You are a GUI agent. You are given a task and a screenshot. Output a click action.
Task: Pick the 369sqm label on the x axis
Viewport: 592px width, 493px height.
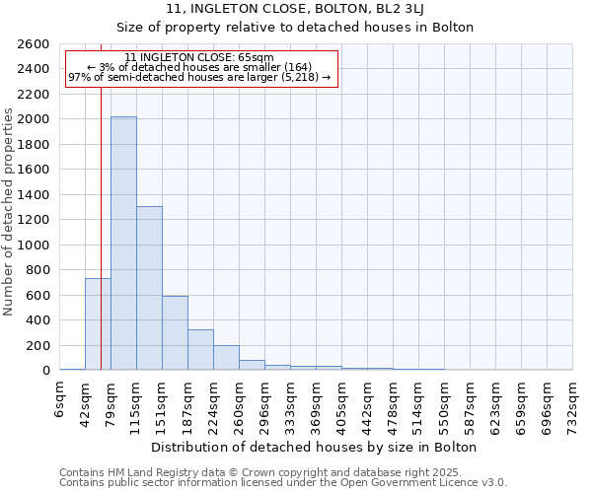click(317, 405)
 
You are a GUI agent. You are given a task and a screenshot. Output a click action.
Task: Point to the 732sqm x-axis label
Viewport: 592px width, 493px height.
click(573, 405)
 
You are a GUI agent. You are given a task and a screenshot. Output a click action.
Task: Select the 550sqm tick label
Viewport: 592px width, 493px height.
click(445, 405)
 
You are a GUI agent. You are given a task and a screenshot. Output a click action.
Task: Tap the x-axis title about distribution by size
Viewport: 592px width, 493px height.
click(316, 447)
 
